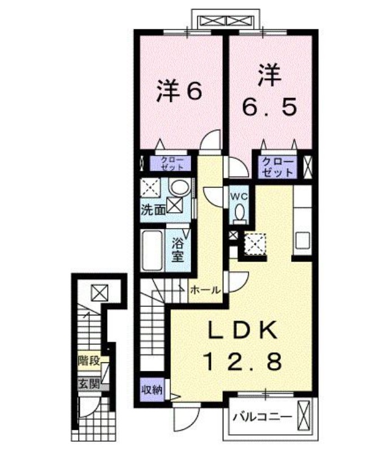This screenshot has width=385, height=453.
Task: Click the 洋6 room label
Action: tap(179, 91)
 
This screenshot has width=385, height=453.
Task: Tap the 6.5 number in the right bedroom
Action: tap(269, 106)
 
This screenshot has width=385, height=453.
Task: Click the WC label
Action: tap(236, 196)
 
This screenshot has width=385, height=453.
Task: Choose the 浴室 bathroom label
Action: tap(178, 249)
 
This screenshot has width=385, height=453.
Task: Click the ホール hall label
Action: tap(205, 290)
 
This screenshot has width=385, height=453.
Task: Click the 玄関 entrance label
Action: tap(89, 383)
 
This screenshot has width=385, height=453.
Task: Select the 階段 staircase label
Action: tap(89, 360)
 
